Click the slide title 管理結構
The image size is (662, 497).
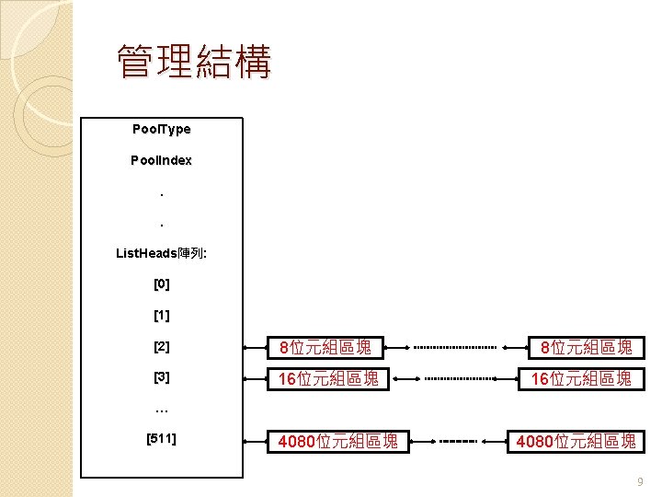[194, 64]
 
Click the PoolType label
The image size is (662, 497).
[161, 130]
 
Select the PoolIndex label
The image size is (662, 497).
[161, 160]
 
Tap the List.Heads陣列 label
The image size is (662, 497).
[162, 252]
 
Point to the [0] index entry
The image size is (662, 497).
[162, 284]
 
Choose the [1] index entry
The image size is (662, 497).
[162, 316]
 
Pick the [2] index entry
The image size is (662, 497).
[162, 347]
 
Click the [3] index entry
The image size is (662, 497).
[162, 377]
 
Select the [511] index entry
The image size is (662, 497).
[162, 438]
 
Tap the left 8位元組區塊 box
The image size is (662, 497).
[325, 347]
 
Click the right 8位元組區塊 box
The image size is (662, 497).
[586, 347]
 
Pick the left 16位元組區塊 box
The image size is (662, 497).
[325, 377]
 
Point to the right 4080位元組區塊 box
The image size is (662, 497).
[576, 442]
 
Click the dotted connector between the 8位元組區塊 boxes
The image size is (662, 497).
[454, 348]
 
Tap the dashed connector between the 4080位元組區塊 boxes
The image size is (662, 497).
[457, 442]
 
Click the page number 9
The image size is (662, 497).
[640, 481]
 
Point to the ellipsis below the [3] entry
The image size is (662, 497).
[162, 408]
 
